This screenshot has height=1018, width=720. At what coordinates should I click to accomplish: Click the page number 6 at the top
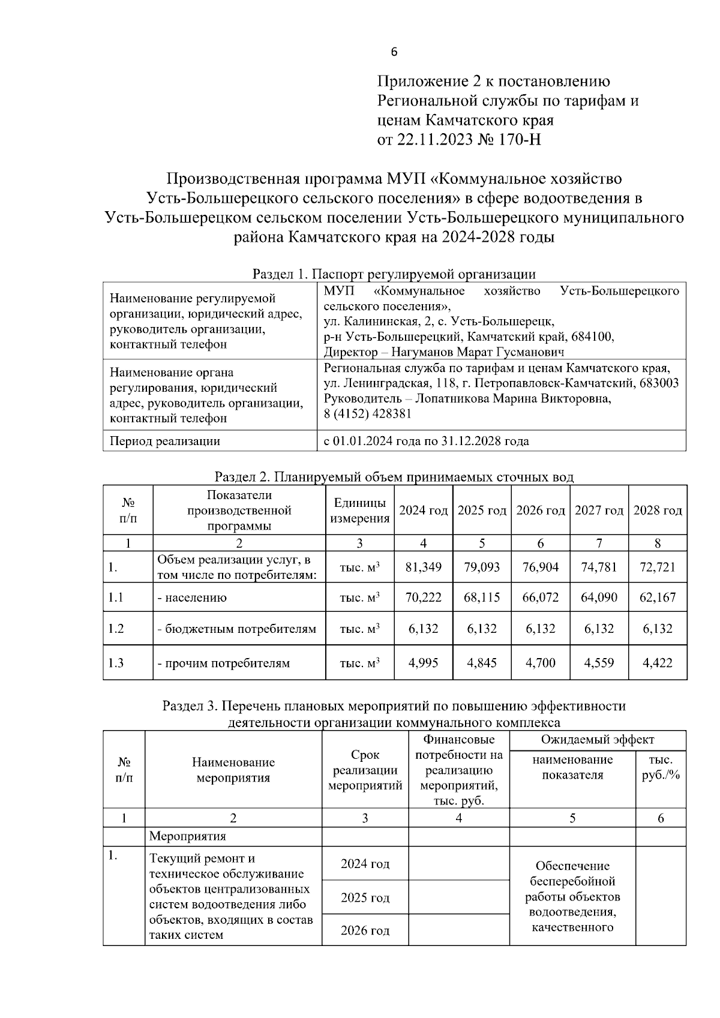click(394, 52)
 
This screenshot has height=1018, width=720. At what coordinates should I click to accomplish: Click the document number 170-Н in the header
click(517, 140)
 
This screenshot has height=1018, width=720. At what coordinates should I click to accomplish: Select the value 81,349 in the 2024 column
click(423, 567)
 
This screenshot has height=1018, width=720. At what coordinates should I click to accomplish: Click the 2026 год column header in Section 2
click(540, 510)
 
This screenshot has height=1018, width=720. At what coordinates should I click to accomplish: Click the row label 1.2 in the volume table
click(116, 629)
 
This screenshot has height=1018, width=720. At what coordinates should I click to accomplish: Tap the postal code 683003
click(659, 383)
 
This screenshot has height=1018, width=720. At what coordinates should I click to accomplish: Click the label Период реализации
click(164, 442)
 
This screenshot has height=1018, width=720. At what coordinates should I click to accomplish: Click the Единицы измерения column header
click(359, 510)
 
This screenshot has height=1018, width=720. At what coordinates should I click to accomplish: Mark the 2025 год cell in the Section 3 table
click(365, 897)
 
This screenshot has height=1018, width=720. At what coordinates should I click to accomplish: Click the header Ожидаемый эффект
click(597, 740)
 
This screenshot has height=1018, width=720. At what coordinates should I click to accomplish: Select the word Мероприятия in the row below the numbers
click(187, 836)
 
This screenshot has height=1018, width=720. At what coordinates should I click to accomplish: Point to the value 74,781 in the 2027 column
click(598, 567)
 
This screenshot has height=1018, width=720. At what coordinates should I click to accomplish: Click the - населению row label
click(192, 597)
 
